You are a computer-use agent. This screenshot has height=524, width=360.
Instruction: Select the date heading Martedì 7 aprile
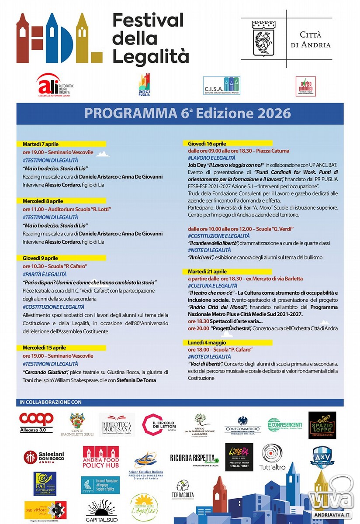point(41,144)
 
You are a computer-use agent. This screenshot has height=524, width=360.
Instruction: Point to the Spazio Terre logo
point(322,425)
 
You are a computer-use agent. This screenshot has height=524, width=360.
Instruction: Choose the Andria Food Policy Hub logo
point(100,457)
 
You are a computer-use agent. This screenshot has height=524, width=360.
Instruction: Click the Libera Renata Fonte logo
point(239,457)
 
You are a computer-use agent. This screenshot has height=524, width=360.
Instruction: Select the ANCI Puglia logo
point(145,85)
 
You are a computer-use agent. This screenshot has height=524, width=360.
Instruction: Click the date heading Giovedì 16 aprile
point(207,144)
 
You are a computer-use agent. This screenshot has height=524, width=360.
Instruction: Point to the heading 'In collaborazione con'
point(51,402)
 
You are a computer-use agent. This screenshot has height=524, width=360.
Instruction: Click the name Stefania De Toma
point(137,380)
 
